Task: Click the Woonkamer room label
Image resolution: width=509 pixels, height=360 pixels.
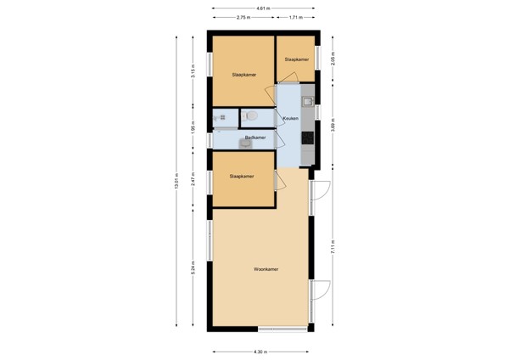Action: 266,270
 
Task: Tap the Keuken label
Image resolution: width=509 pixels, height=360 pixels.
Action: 290,118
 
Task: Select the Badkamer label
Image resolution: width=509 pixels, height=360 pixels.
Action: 255,138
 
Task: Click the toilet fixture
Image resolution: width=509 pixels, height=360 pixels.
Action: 250,115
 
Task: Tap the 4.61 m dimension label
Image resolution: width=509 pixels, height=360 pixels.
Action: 265,8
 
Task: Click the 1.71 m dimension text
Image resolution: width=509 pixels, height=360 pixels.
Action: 294,17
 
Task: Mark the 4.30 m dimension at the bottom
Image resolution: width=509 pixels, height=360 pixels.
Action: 260,352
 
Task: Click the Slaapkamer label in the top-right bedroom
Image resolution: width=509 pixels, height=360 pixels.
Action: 296,59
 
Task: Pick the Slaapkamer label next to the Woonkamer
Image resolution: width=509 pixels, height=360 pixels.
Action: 242,177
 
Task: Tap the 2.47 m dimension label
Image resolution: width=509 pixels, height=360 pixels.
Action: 193,179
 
